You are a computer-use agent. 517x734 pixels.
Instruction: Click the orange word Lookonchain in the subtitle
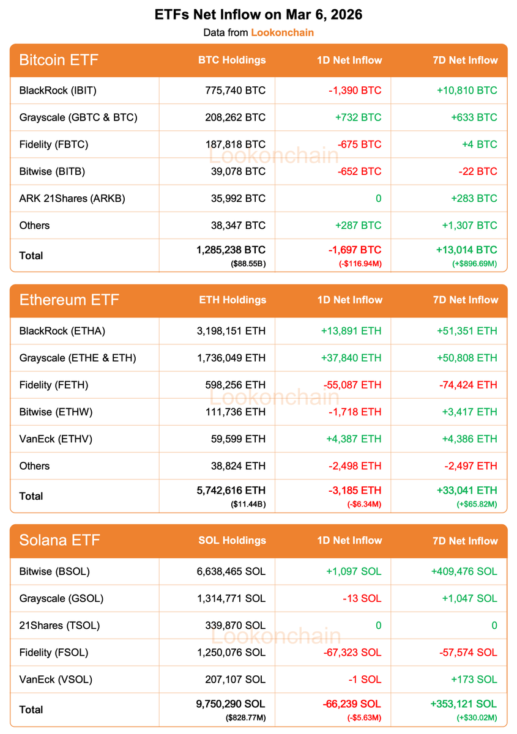click(x=282, y=32)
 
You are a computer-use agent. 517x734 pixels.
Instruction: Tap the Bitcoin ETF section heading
click(x=59, y=60)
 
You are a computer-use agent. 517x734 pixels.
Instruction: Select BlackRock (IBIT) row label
click(x=58, y=91)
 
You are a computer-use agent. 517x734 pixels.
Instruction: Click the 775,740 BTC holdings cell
click(x=236, y=91)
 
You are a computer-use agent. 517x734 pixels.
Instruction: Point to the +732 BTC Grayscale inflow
click(x=358, y=117)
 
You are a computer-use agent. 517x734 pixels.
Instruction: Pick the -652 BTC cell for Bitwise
click(x=359, y=171)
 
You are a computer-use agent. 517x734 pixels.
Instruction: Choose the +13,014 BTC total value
click(x=467, y=250)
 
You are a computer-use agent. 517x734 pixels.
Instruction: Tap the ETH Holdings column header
click(x=232, y=300)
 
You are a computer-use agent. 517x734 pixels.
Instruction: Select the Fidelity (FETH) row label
click(x=54, y=385)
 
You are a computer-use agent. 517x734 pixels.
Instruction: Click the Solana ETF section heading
click(x=59, y=541)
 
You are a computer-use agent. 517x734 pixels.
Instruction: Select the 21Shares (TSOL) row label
click(x=59, y=625)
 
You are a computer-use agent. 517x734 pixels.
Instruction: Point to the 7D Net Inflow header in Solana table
click(x=465, y=541)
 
